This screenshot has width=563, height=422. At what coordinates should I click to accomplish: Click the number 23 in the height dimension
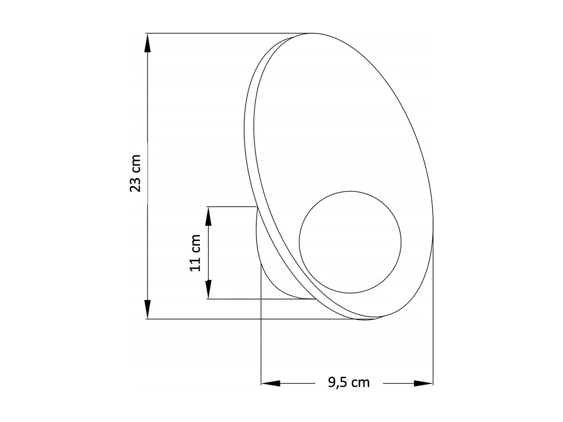[135, 183]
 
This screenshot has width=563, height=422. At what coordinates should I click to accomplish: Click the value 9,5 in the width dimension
[339, 382]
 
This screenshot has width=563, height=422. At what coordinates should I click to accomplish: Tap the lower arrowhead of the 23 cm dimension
[148, 310]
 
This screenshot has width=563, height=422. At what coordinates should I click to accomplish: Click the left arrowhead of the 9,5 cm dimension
[271, 383]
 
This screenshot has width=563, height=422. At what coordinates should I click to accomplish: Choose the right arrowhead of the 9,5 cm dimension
[423, 383]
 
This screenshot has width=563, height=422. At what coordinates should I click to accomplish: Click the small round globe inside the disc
[350, 242]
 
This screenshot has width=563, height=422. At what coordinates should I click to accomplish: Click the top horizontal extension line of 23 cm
[225, 33]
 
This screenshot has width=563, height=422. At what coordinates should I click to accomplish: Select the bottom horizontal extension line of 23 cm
[225, 319]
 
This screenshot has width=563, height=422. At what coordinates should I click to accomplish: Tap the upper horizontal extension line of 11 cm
[231, 207]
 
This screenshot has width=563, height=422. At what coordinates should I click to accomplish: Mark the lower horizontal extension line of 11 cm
[255, 299]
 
